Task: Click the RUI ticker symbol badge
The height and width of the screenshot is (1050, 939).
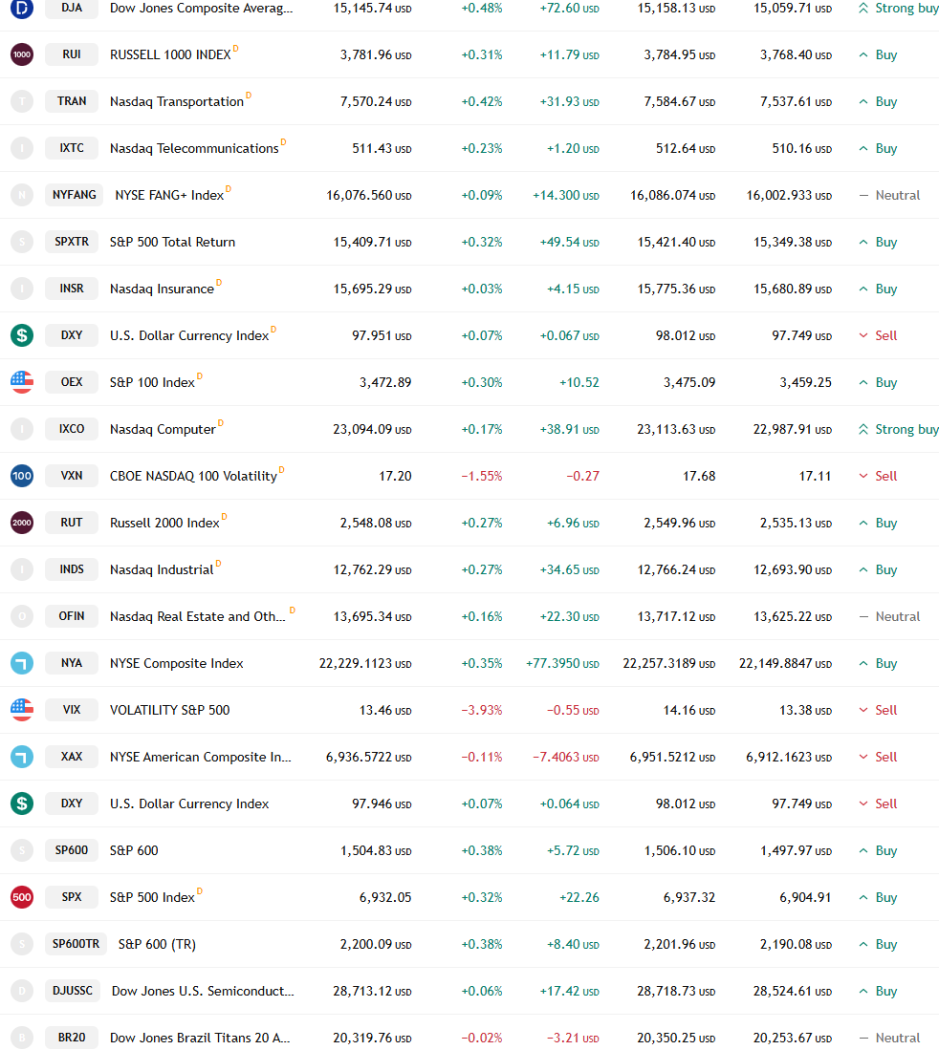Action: pos(72,54)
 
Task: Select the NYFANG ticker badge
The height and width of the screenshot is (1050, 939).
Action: pos(75,195)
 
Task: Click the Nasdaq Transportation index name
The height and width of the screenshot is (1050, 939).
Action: pos(177,101)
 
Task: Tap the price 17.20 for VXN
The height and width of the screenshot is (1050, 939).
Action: pos(395,476)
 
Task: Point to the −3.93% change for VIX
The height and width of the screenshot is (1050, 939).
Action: pos(481,710)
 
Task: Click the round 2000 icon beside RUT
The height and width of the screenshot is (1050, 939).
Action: pos(22,523)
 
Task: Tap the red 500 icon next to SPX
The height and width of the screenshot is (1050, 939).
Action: pos(22,897)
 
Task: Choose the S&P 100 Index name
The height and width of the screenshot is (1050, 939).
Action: pos(152,382)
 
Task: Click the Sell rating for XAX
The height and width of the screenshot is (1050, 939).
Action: pos(885,757)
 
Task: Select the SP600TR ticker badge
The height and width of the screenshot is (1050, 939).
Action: pos(76,944)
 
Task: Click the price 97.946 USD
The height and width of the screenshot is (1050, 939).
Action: pos(382,804)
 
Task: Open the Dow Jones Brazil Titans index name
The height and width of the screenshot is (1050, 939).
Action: pos(200,1038)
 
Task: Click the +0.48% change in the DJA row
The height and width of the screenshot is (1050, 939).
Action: pos(481,8)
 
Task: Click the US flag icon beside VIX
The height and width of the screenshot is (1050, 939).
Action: pos(22,710)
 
